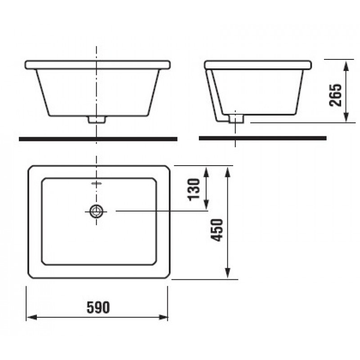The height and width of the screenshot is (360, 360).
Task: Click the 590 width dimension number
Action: [98, 307]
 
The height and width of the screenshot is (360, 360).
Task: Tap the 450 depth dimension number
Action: [217, 230]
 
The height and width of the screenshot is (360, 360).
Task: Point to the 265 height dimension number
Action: [335, 95]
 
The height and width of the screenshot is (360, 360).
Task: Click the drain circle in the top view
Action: [96, 211]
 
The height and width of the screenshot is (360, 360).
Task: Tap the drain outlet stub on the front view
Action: [97, 120]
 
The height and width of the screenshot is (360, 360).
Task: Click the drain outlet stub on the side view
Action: [236, 119]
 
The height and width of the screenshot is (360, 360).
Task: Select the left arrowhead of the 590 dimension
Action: [32, 318]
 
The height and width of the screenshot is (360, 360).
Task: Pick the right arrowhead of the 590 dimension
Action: [163, 318]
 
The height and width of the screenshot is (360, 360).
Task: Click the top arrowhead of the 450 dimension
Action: [228, 172]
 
